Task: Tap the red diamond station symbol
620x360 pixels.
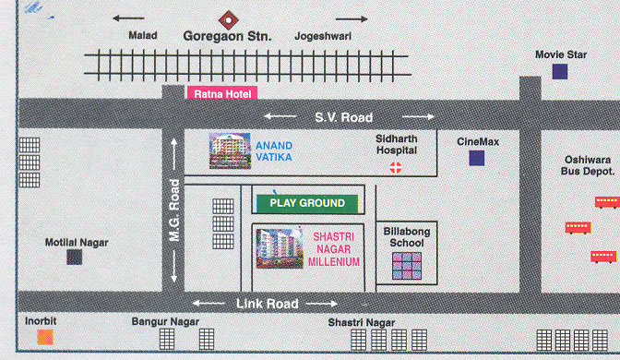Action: pyautogui.click(x=226, y=18)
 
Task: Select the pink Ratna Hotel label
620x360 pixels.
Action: pyautogui.click(x=221, y=92)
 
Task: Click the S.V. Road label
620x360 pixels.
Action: pyautogui.click(x=343, y=117)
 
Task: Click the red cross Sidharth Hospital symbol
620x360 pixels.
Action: pyautogui.click(x=397, y=167)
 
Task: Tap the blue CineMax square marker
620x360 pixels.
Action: pyautogui.click(x=476, y=158)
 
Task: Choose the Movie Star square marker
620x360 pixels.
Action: pyautogui.click(x=560, y=71)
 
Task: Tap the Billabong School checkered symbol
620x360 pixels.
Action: pyautogui.click(x=408, y=266)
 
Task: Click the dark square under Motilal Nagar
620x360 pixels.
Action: pyautogui.click(x=74, y=258)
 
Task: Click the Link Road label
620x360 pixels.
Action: pyautogui.click(x=267, y=304)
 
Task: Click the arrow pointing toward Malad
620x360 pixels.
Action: pyautogui.click(x=129, y=18)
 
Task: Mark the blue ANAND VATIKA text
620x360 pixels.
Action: pyautogui.click(x=274, y=150)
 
